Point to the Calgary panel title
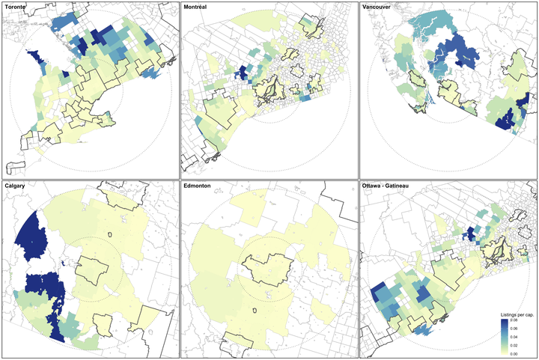tap(16, 186)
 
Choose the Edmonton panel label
tap(200, 186)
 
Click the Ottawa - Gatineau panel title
tap(390, 186)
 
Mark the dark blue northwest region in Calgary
tap(34, 236)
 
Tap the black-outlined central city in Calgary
tap(94, 269)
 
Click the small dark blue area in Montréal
tap(243, 73)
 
